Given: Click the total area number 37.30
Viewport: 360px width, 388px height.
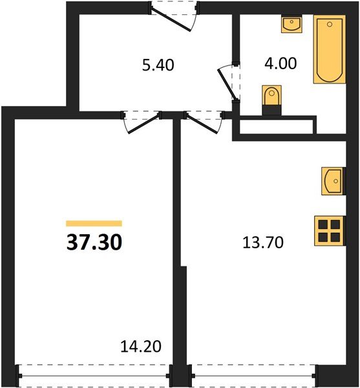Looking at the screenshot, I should coord(94,242).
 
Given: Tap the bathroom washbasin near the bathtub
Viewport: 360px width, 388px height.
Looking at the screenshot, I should coord(291,25).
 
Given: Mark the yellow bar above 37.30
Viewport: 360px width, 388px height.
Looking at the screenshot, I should coord(94,223).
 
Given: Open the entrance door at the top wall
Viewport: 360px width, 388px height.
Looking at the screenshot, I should coord(175,14).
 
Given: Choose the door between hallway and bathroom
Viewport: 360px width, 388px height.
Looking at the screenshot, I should coord(229,81).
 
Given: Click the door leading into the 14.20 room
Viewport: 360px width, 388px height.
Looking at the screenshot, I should coord(140,122).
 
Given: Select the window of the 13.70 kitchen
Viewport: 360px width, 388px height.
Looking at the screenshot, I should coord(253,374).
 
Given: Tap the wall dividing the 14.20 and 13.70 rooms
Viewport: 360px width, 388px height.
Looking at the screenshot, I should coord(176,246).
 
